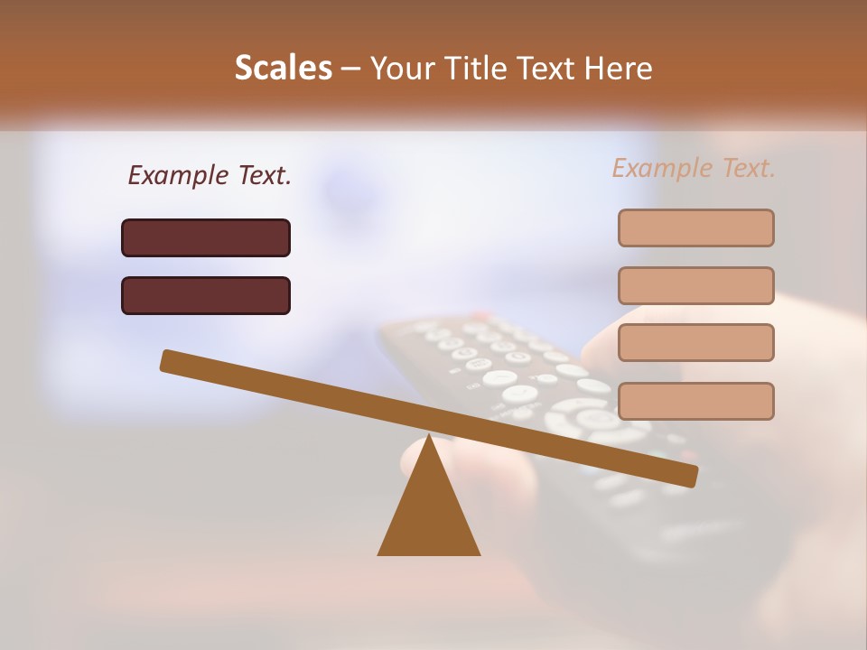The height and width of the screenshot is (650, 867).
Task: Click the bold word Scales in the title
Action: tap(283, 68)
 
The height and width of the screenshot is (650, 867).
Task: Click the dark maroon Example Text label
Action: tap(210, 175)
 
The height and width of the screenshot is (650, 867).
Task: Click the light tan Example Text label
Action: tap(694, 168)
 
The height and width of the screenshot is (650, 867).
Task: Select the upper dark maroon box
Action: tap(206, 237)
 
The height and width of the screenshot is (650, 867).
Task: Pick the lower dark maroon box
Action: tap(206, 295)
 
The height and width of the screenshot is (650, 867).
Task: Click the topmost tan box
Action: tap(695, 227)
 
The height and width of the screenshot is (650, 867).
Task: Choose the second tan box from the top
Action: tap(695, 285)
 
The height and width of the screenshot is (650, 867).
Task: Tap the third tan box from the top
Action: tap(695, 342)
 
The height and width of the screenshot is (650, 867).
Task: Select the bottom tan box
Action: tap(695, 401)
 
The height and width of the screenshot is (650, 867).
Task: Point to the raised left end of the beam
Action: tap(167, 360)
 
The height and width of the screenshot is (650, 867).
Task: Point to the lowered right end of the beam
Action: tap(691, 476)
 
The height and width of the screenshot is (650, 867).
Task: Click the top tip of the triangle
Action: tap(429, 438)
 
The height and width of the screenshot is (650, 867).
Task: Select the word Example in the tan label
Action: tap(660, 168)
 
